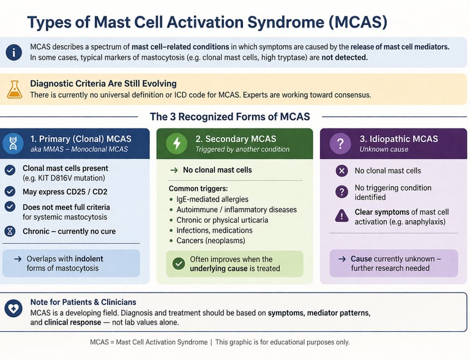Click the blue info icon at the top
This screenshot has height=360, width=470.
pos(13,52)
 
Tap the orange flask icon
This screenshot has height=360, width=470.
pos(14,89)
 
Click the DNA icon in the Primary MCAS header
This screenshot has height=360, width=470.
pos(13,144)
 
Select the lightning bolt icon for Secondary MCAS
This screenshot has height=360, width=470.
pos(177,144)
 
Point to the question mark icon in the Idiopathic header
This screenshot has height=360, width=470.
pos(340,144)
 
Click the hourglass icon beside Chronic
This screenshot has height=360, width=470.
pos(10,231)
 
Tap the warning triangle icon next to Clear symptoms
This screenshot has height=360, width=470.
pos(341,216)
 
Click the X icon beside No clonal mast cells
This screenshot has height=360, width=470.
pos(341,171)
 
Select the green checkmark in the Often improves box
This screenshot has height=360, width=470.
pos(178,263)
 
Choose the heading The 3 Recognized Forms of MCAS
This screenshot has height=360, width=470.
pos(229,116)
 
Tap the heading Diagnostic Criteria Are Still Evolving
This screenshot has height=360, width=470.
pos(103,84)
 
